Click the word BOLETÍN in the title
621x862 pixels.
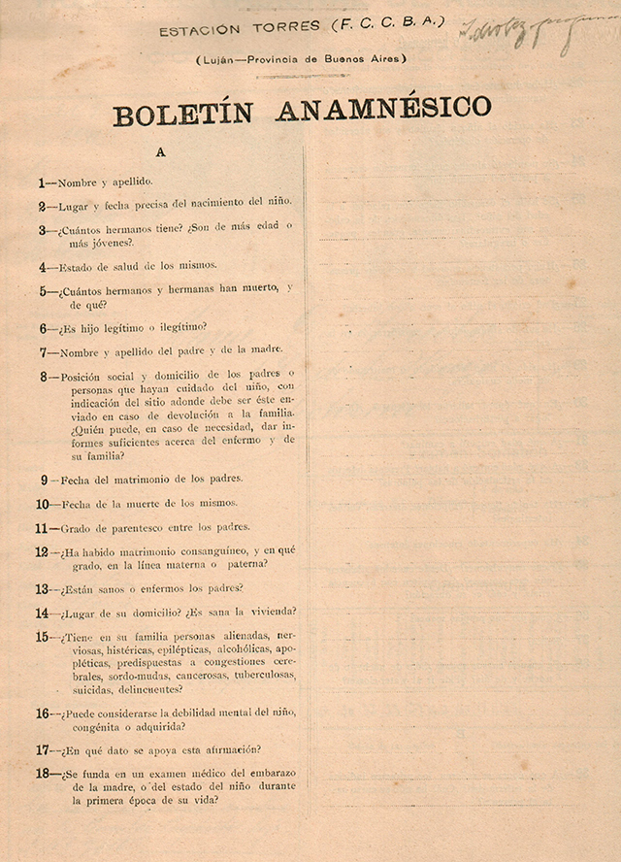(x=183, y=114)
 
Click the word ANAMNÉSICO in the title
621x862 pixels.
(x=383, y=108)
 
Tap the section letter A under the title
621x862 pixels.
(x=160, y=151)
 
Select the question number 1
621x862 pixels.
(x=42, y=182)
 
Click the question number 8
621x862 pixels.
(x=44, y=377)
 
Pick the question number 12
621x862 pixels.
(x=43, y=552)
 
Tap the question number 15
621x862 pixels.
(x=43, y=637)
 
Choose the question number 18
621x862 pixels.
(x=43, y=774)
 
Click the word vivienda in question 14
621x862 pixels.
(x=272, y=612)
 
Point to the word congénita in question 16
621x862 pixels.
(x=93, y=726)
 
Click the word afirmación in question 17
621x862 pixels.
(x=224, y=749)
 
